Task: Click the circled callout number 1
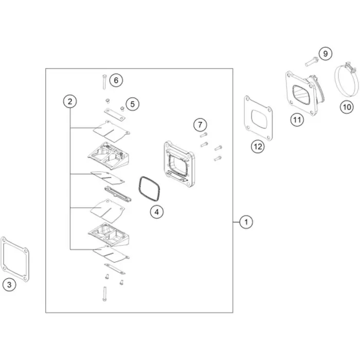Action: click(246, 222)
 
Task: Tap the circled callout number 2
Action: click(70, 101)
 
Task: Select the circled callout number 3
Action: click(9, 285)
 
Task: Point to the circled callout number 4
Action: click(156, 212)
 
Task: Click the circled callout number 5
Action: click(133, 104)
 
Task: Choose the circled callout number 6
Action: click(116, 80)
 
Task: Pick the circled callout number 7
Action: click(200, 124)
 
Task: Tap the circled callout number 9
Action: click(326, 53)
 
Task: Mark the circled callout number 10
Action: click(347, 107)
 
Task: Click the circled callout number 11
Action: click(297, 120)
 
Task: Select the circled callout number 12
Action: click(258, 146)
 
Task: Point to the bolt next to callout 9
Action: click(312, 62)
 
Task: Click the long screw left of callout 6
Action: click(104, 82)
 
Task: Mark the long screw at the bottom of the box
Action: click(105, 294)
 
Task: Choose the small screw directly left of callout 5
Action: click(107, 101)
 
